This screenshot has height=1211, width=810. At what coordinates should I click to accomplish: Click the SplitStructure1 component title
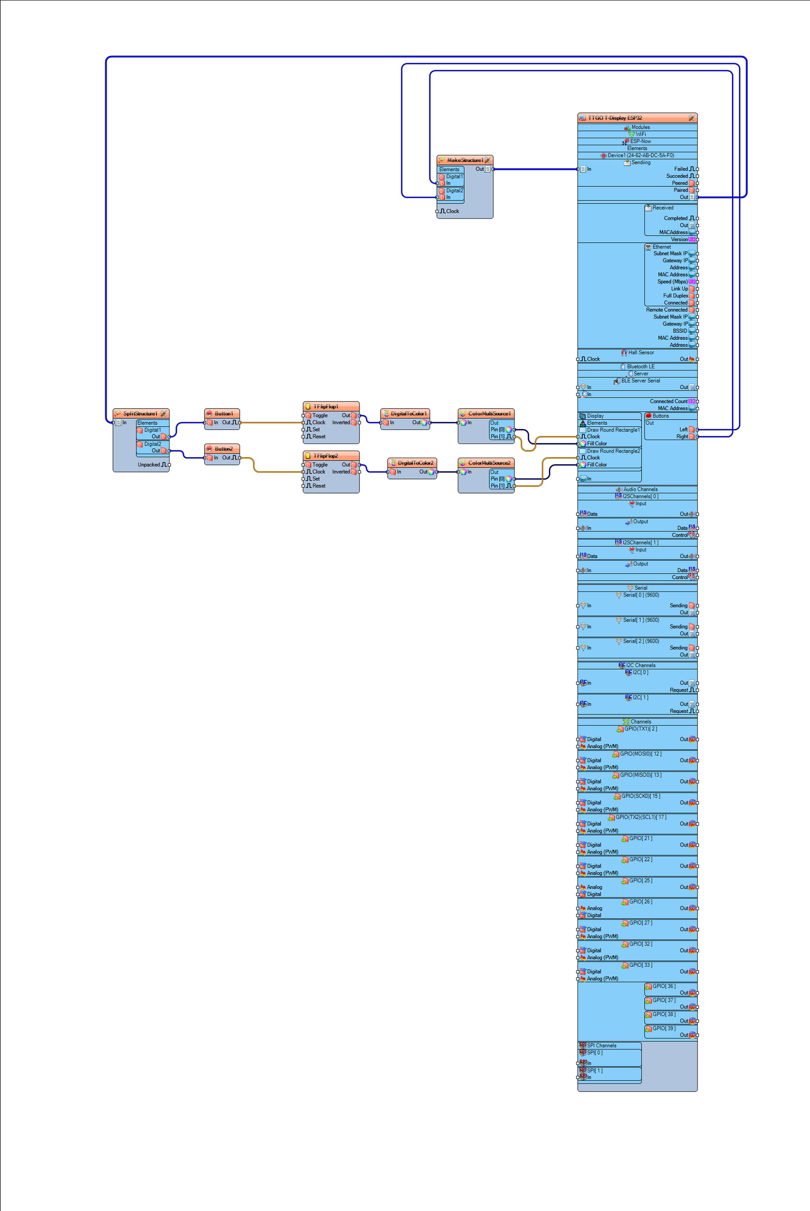pyautogui.click(x=140, y=414)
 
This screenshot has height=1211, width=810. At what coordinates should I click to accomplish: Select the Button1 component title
pyautogui.click(x=224, y=414)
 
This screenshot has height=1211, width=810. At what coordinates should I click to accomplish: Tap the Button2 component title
pyautogui.click(x=224, y=449)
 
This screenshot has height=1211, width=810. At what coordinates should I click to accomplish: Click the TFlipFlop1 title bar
pyautogui.click(x=326, y=406)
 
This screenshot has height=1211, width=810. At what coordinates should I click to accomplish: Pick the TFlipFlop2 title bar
pyautogui.click(x=326, y=456)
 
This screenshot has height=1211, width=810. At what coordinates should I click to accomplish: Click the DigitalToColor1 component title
pyautogui.click(x=408, y=414)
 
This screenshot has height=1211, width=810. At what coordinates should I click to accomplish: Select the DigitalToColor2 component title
pyautogui.click(x=415, y=463)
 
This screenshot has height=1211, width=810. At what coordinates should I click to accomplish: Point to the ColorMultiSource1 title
pyautogui.click(x=489, y=414)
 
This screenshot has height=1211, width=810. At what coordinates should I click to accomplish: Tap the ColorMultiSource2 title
pyautogui.click(x=489, y=463)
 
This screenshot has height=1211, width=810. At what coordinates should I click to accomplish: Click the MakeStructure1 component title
pyautogui.click(x=465, y=160)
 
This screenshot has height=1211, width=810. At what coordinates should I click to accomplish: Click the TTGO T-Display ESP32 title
pyautogui.click(x=615, y=118)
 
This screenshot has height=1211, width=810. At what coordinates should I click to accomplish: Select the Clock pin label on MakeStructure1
pyautogui.click(x=452, y=211)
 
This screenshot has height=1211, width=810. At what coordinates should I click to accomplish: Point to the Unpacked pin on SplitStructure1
pyautogui.click(x=149, y=465)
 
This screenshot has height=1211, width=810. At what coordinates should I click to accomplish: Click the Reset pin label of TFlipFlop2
pyautogui.click(x=319, y=486)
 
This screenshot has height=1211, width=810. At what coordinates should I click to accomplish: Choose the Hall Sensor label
pyautogui.click(x=640, y=352)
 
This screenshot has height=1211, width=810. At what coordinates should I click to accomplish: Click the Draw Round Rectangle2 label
pyautogui.click(x=613, y=451)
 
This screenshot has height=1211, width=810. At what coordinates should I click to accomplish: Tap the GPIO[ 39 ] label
pyautogui.click(x=663, y=1028)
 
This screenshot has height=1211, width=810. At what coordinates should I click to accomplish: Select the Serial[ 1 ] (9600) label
pyautogui.click(x=640, y=620)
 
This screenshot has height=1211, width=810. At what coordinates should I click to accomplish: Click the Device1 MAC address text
pyautogui.click(x=640, y=155)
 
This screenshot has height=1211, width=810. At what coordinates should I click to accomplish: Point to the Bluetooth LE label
pyautogui.click(x=640, y=367)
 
